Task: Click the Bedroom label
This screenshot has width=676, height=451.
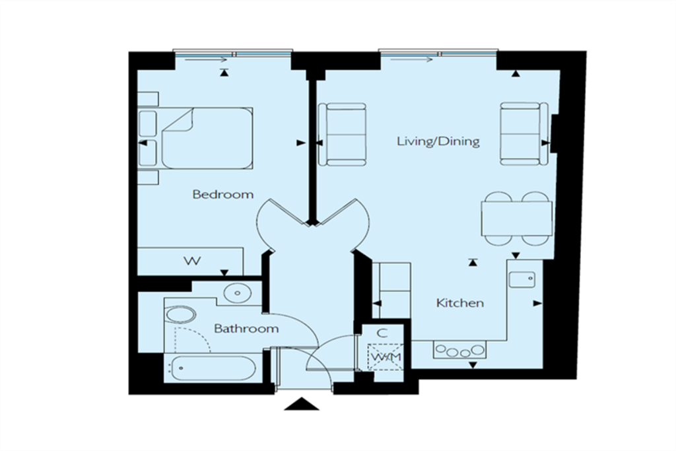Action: tap(223, 194)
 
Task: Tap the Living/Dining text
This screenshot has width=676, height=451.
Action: tap(438, 141)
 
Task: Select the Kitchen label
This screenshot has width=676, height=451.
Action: tap(460, 303)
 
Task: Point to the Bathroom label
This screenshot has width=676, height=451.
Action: tap(246, 329)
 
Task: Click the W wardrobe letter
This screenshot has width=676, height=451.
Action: tap(192, 261)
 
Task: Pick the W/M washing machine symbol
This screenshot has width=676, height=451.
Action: tap(386, 357)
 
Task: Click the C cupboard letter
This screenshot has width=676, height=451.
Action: tap(382, 333)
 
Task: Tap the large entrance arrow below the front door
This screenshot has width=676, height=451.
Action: tap(302, 404)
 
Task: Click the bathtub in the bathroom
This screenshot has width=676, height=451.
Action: tap(213, 368)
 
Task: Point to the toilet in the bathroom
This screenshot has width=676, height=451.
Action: tap(181, 315)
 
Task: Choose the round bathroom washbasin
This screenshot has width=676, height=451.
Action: tap(238, 293)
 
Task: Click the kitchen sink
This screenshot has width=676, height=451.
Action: tap(522, 279)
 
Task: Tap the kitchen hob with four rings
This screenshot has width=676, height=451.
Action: tap(459, 350)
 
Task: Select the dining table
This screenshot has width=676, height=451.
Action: tap(516, 219)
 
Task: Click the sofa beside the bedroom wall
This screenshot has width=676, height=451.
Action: tap(342, 134)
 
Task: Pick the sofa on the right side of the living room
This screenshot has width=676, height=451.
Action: tap(524, 133)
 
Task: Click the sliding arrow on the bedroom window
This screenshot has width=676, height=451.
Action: tap(206, 59)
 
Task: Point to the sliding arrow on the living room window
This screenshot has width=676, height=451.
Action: tap(412, 59)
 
